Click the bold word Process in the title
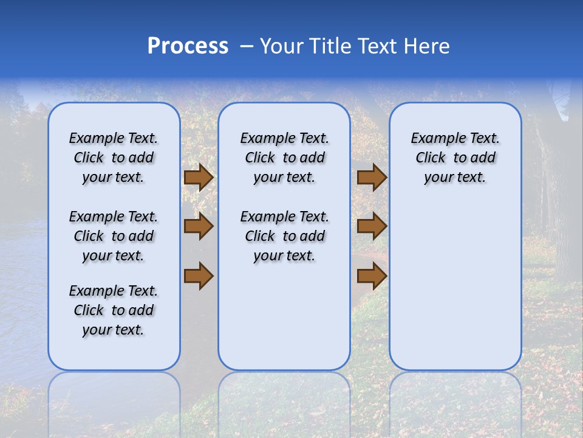(188, 46)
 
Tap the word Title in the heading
(329, 46)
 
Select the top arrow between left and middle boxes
(199, 178)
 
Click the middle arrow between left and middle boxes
(199, 226)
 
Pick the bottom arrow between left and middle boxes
(199, 276)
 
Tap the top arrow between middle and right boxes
(372, 178)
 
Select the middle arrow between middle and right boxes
(372, 226)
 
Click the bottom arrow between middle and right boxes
(372, 276)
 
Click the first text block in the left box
(114, 158)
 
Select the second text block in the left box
(114, 236)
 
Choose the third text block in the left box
(114, 310)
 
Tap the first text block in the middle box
(284, 158)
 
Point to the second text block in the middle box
(284, 236)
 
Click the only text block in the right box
(455, 158)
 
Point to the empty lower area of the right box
(455, 286)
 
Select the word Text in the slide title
(375, 46)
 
